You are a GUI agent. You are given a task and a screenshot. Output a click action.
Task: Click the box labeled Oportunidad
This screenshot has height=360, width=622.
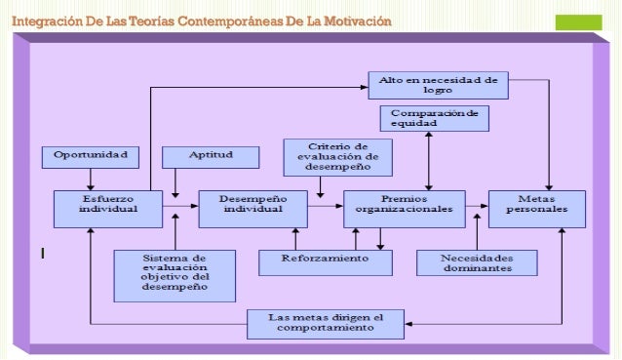pos(90,156)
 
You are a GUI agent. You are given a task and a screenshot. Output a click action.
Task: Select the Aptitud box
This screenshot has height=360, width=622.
pos(210,156)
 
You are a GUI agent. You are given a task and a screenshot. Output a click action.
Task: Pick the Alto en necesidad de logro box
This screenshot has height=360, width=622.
pos(438,84)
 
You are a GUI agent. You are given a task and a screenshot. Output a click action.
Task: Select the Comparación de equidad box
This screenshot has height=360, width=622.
pos(434,118)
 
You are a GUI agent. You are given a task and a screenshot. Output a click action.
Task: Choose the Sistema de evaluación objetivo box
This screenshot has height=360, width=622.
pos(174,275)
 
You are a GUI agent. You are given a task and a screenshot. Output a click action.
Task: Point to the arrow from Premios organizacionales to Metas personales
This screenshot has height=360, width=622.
pos(477,207)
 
